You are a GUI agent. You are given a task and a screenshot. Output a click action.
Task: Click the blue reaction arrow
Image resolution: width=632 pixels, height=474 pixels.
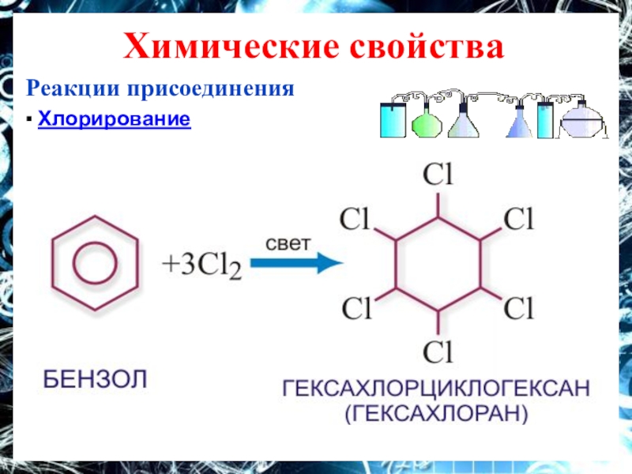click(295, 264)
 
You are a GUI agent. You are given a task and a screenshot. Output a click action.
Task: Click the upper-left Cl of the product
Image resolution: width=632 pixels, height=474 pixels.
click(355, 219)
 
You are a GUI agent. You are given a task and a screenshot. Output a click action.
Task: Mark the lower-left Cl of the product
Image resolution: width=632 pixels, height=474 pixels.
click(355, 307)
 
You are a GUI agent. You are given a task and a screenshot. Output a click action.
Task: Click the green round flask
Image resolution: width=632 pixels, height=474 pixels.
click(427, 122)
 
